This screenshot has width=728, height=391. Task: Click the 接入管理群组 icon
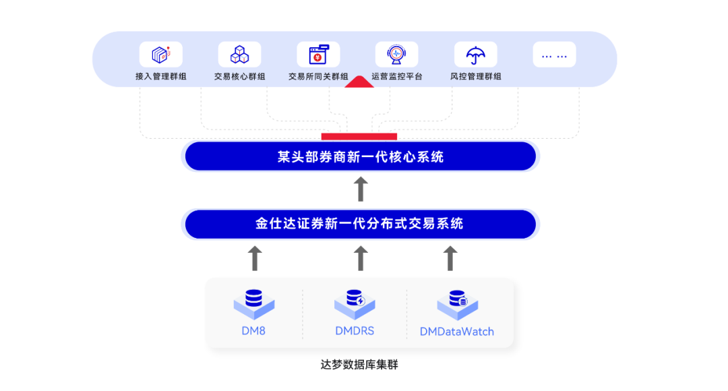point(160,55)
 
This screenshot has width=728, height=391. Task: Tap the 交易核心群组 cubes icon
point(239,55)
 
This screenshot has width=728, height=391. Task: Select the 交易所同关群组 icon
point(318,55)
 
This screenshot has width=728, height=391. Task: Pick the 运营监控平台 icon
point(396,55)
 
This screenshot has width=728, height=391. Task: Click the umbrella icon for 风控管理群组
point(475,55)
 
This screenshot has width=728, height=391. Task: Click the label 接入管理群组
point(160,77)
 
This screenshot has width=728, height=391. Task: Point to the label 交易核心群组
point(239,77)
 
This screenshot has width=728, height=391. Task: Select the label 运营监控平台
point(397,77)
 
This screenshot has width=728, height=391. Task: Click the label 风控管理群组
point(475,77)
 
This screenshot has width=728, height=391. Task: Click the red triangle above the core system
point(359,82)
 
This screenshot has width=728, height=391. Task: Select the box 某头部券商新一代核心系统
point(361,157)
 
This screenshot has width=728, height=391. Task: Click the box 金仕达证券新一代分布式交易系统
point(361,224)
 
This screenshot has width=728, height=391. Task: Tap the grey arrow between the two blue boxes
point(361,189)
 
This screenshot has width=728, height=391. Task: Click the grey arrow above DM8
point(254,258)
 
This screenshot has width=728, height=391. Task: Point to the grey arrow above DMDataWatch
point(450,258)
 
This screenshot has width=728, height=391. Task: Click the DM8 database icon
point(254,303)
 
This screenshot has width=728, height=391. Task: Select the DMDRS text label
point(355,331)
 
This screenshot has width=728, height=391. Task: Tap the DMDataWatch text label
point(456,332)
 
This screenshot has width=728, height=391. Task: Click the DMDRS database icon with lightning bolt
point(355,303)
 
